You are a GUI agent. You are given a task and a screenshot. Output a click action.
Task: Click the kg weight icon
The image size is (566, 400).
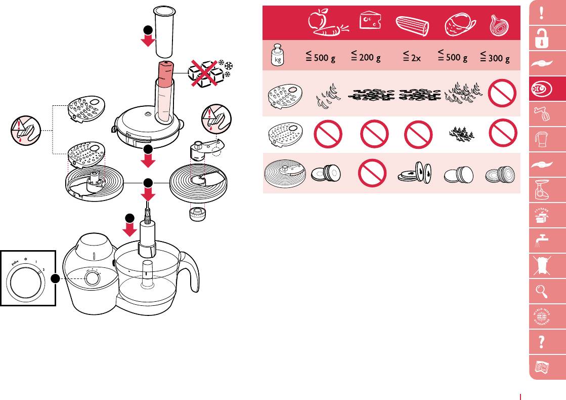277,56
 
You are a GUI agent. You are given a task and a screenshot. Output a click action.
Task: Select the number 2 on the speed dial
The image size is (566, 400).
44,269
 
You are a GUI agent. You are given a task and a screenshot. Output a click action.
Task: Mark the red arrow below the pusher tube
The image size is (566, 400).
148,39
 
